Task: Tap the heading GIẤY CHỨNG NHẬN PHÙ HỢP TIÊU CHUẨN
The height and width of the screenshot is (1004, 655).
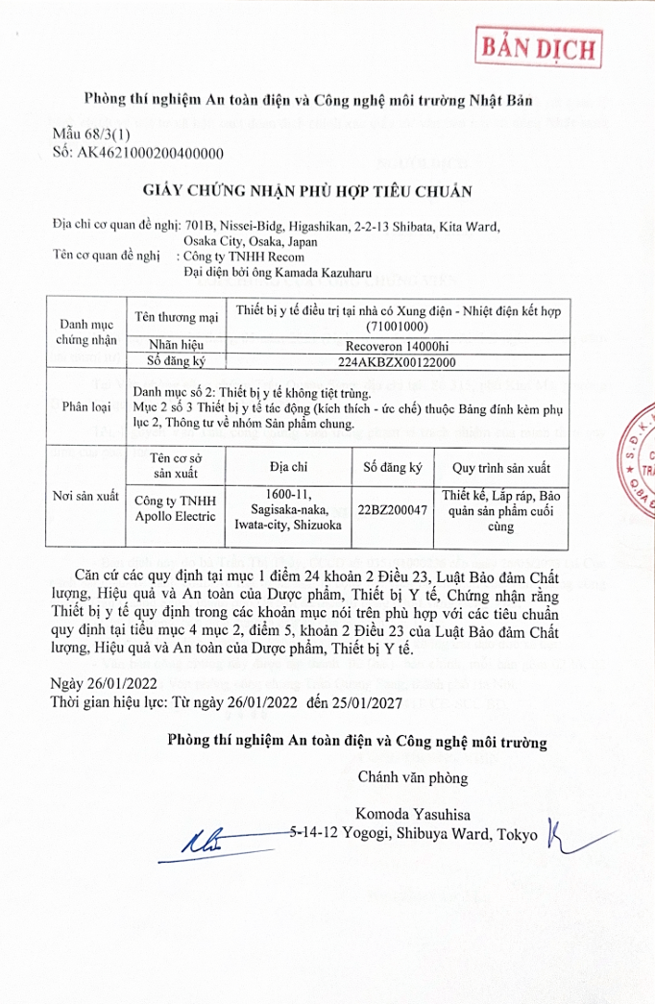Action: [x=307, y=190]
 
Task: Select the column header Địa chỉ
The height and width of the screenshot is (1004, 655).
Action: [x=288, y=469]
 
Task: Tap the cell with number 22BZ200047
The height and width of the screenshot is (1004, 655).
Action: [x=391, y=510]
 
